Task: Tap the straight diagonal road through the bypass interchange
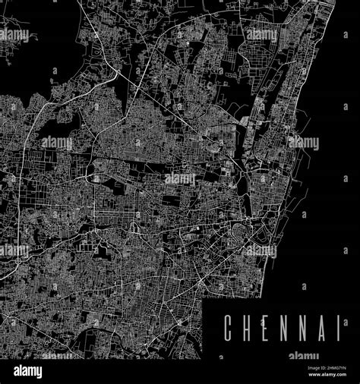(152, 91)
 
